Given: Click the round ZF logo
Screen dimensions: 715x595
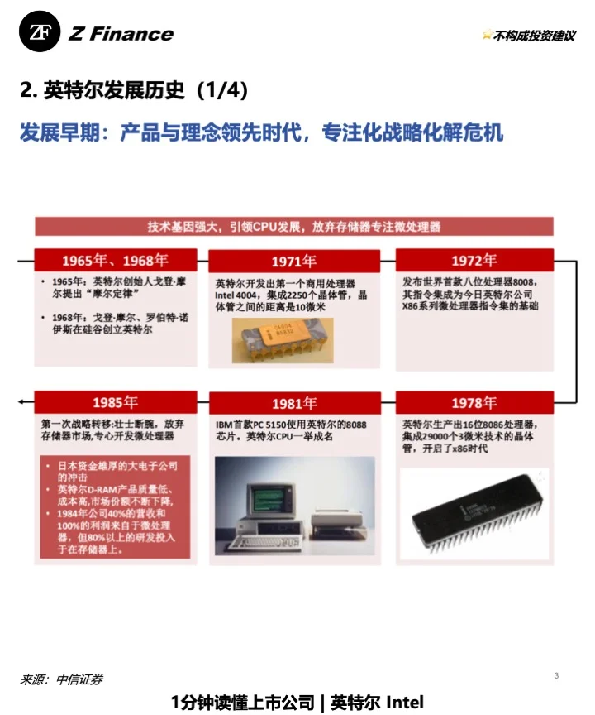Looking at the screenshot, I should (x=40, y=33).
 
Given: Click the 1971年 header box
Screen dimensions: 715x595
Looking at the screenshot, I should (x=294, y=261).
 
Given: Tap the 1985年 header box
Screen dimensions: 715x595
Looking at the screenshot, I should (x=115, y=403).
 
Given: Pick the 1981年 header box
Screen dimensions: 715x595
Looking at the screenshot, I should (x=294, y=403).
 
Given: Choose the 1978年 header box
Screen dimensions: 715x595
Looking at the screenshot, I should (x=474, y=403).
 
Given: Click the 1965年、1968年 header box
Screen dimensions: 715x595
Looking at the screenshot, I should (x=115, y=261).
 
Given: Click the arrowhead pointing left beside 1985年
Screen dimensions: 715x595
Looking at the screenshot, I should (x=21, y=402).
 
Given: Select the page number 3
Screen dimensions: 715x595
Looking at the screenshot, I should (x=556, y=676).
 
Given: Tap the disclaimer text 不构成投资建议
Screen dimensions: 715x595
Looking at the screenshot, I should (x=533, y=36).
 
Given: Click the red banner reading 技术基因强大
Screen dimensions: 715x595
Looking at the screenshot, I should (x=293, y=226).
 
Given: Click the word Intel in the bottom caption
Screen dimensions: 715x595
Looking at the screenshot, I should (x=405, y=703).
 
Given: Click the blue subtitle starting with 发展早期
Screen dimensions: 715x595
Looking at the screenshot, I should (x=261, y=132).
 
